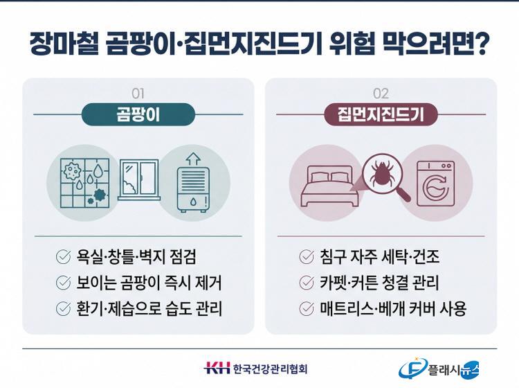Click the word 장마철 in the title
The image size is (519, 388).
coord(64,43)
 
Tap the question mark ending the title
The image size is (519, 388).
coord(480,43)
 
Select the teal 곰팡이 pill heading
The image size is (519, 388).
coord(138,114)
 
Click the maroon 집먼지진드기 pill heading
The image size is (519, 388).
coord(381,114)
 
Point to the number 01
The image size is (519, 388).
coord(138,94)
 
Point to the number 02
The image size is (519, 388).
coord(381,94)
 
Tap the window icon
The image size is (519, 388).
coord(139,179)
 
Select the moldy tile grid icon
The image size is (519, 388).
coord(85,183)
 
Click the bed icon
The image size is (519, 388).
coord(329,186)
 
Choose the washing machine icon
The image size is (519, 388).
coord(435,184)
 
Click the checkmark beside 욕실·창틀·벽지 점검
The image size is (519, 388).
coord(63,256)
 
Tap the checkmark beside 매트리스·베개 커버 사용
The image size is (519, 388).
coord(306,308)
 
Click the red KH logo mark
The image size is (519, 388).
coord(217,368)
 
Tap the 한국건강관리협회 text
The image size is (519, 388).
coord(270,368)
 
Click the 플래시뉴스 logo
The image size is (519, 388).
coord(439,369)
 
